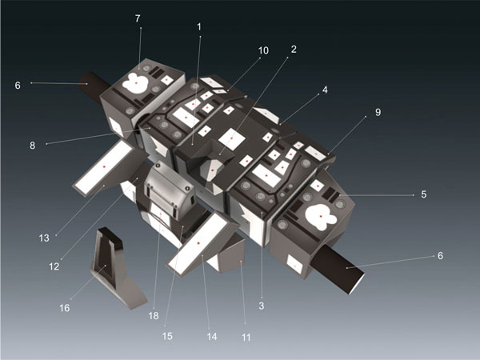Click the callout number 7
(138, 18)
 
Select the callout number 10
(263, 50)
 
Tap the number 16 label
(65, 308)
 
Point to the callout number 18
(154, 316)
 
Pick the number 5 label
(424, 194)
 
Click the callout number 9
(378, 112)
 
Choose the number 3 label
(261, 306)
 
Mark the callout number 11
(246, 338)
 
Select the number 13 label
(44, 238)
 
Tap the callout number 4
(325, 90)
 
